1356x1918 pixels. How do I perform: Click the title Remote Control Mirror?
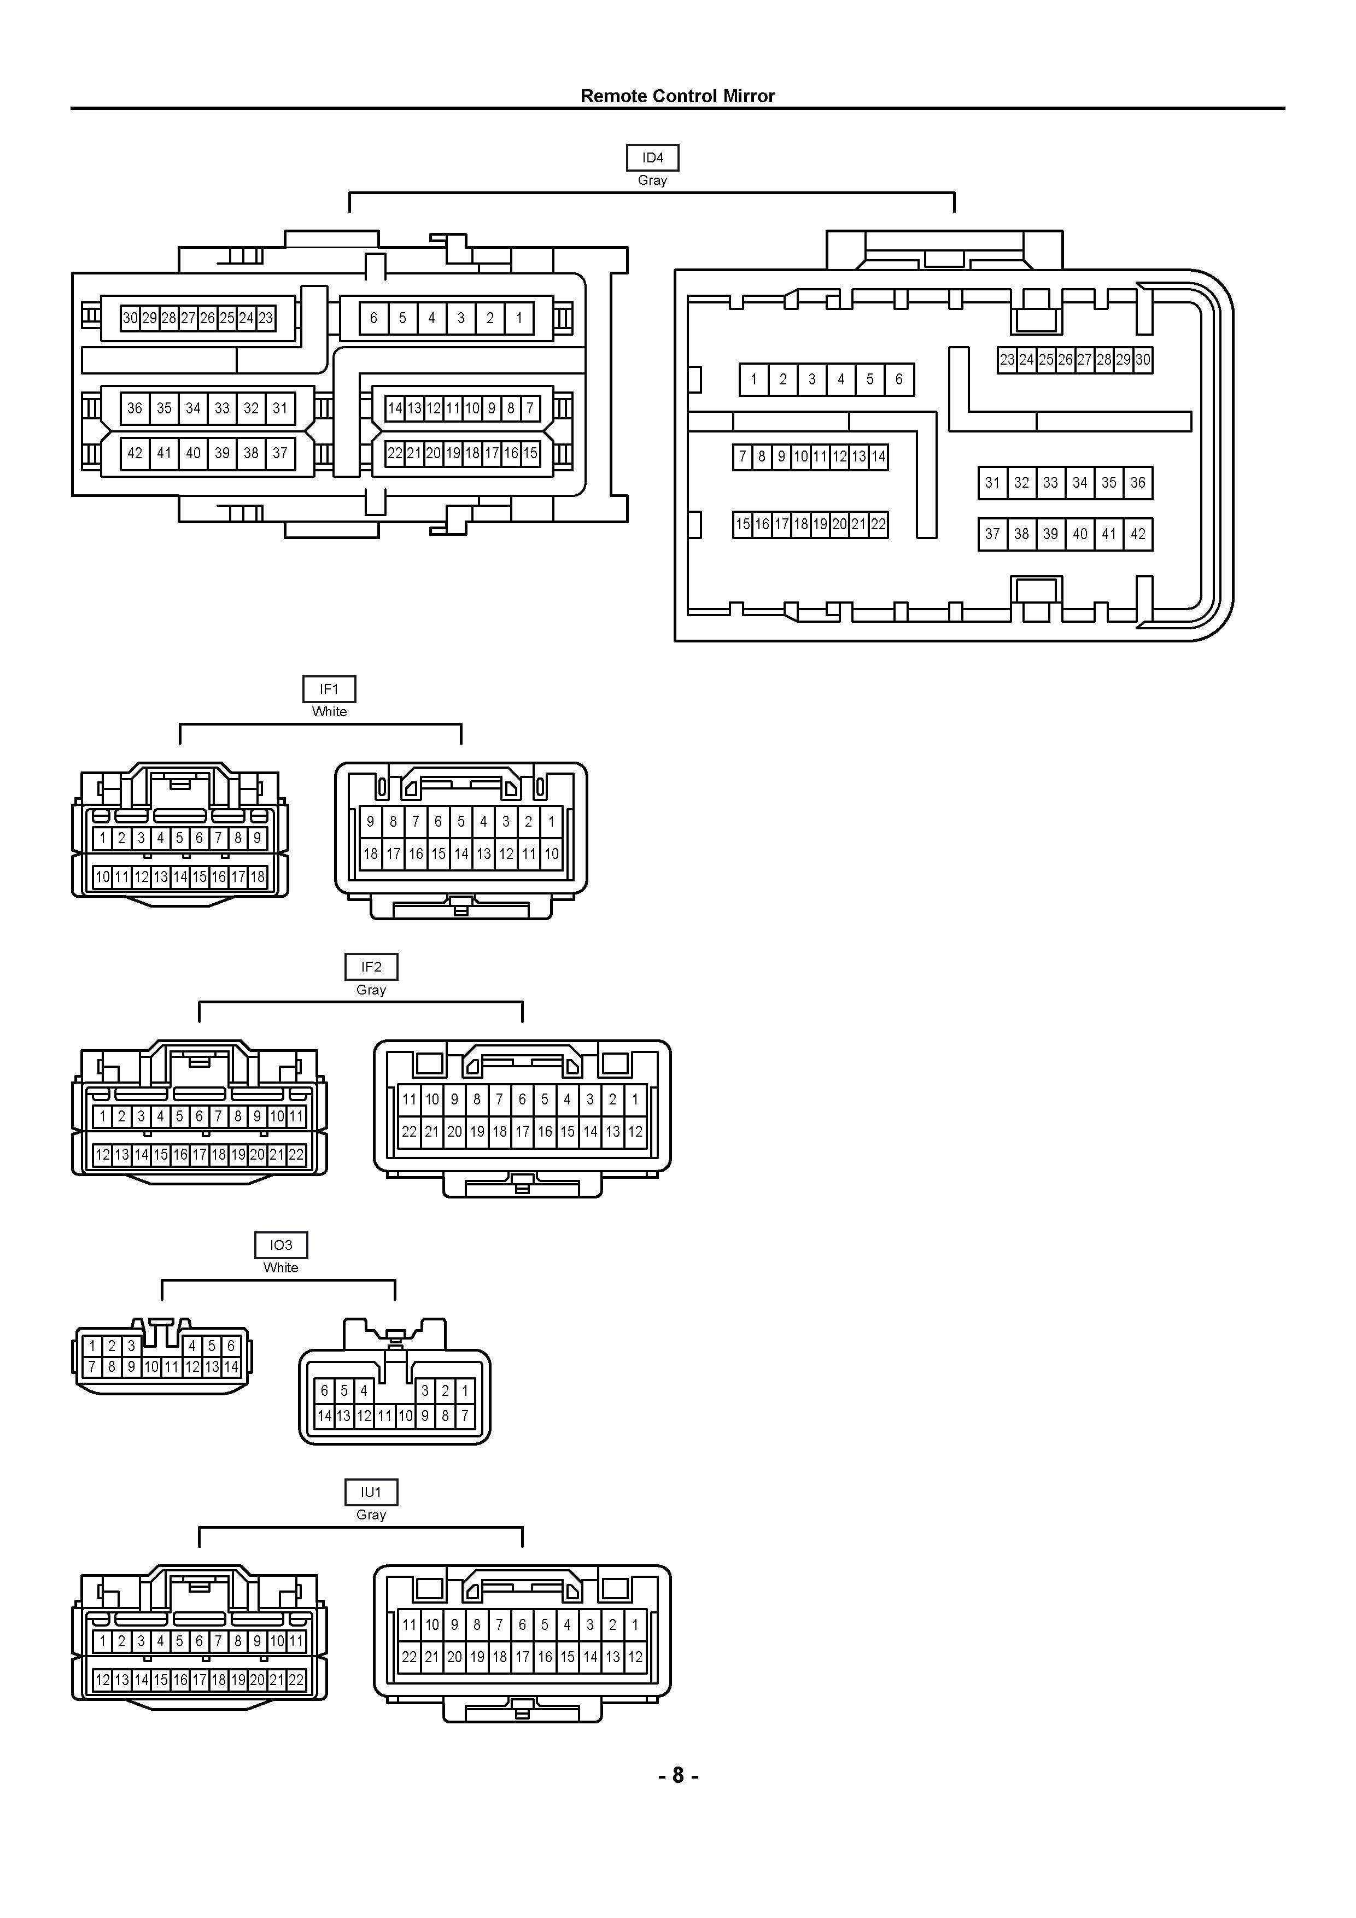[677, 96]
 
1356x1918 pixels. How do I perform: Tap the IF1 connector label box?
[329, 689]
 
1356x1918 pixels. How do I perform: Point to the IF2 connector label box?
[371, 967]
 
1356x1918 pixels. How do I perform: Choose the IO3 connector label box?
[280, 1245]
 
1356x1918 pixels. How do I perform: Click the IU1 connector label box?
[371, 1492]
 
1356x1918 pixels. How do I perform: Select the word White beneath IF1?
[329, 712]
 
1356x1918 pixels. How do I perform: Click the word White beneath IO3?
[280, 1267]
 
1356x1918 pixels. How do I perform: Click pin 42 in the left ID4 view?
[135, 454]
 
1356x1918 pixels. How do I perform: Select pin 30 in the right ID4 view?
[1143, 360]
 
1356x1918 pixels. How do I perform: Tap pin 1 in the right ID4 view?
[753, 379]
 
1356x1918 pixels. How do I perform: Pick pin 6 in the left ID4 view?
[373, 318]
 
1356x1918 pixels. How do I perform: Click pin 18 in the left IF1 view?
[258, 877]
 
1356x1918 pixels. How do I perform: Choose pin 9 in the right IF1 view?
[370, 822]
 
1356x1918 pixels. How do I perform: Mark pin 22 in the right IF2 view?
[408, 1132]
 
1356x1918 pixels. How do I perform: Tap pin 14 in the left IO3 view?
[231, 1367]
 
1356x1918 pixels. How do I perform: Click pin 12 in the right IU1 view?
[635, 1657]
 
